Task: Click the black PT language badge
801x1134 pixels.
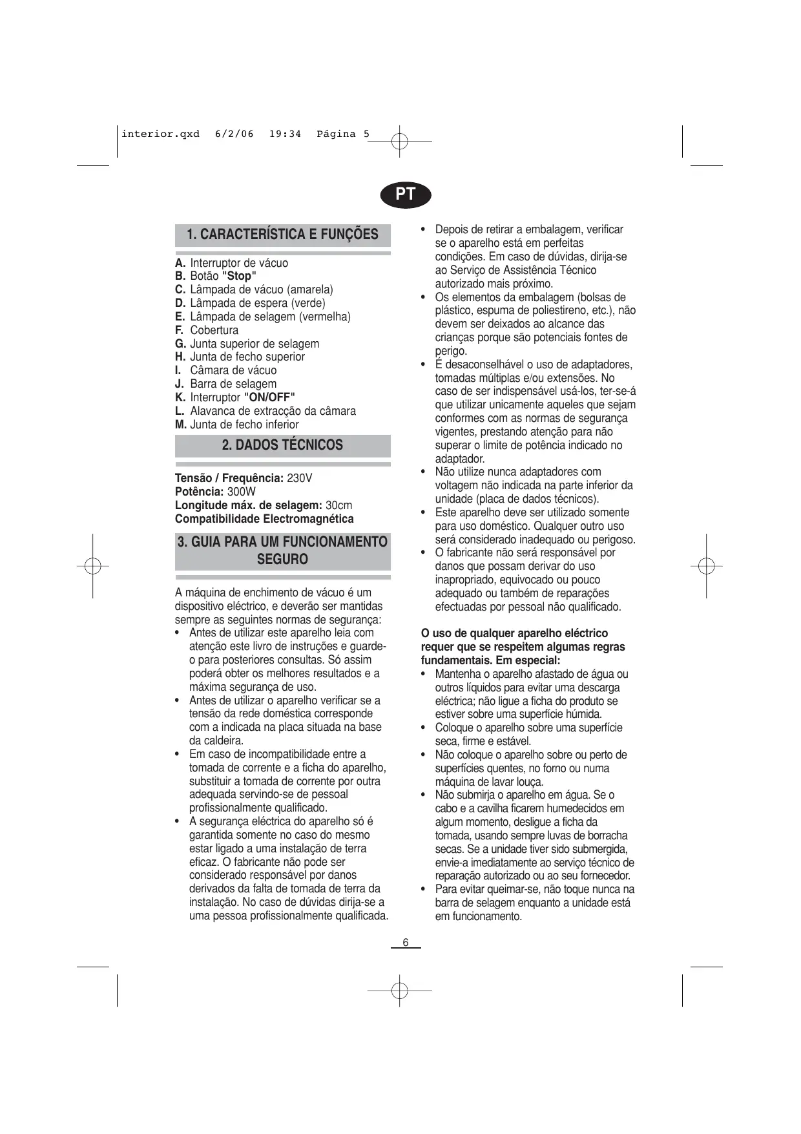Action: [x=405, y=194]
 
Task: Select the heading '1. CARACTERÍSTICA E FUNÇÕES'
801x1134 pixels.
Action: [x=282, y=234]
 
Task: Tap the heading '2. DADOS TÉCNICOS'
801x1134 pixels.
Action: [x=282, y=445]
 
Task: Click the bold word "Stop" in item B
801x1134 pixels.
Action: [x=239, y=276]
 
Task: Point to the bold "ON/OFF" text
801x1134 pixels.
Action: [x=269, y=397]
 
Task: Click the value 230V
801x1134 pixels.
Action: [x=299, y=478]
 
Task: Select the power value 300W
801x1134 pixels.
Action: [x=241, y=492]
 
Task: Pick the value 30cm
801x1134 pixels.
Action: [x=338, y=505]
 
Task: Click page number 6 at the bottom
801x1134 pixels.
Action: [x=406, y=942]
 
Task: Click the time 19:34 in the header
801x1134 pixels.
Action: [x=285, y=134]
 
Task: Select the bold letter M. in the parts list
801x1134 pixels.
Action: [x=181, y=425]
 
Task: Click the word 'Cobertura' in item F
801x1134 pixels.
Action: [x=214, y=330]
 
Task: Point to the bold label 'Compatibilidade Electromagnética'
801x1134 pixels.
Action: [x=264, y=519]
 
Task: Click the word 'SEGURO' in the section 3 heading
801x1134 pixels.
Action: [x=282, y=560]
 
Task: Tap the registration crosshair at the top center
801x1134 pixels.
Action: [x=400, y=141]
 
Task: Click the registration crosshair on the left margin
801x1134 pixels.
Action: [x=92, y=566]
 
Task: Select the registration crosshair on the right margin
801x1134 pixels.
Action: [x=707, y=566]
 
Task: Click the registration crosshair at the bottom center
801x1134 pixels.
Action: [x=400, y=991]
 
